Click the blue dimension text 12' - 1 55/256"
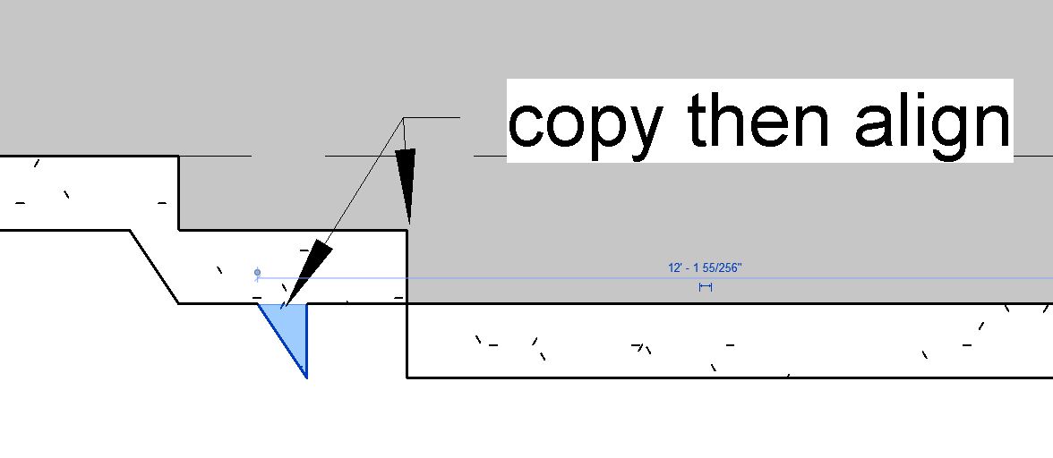tap(705, 267)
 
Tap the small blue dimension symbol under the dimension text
tap(706, 287)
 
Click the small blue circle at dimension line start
tap(258, 273)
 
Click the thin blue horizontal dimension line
tap(537, 278)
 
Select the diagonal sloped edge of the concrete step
tap(155, 267)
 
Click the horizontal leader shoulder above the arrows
tap(432, 117)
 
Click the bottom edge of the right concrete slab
tap(716, 377)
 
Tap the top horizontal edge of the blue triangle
tap(282, 304)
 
